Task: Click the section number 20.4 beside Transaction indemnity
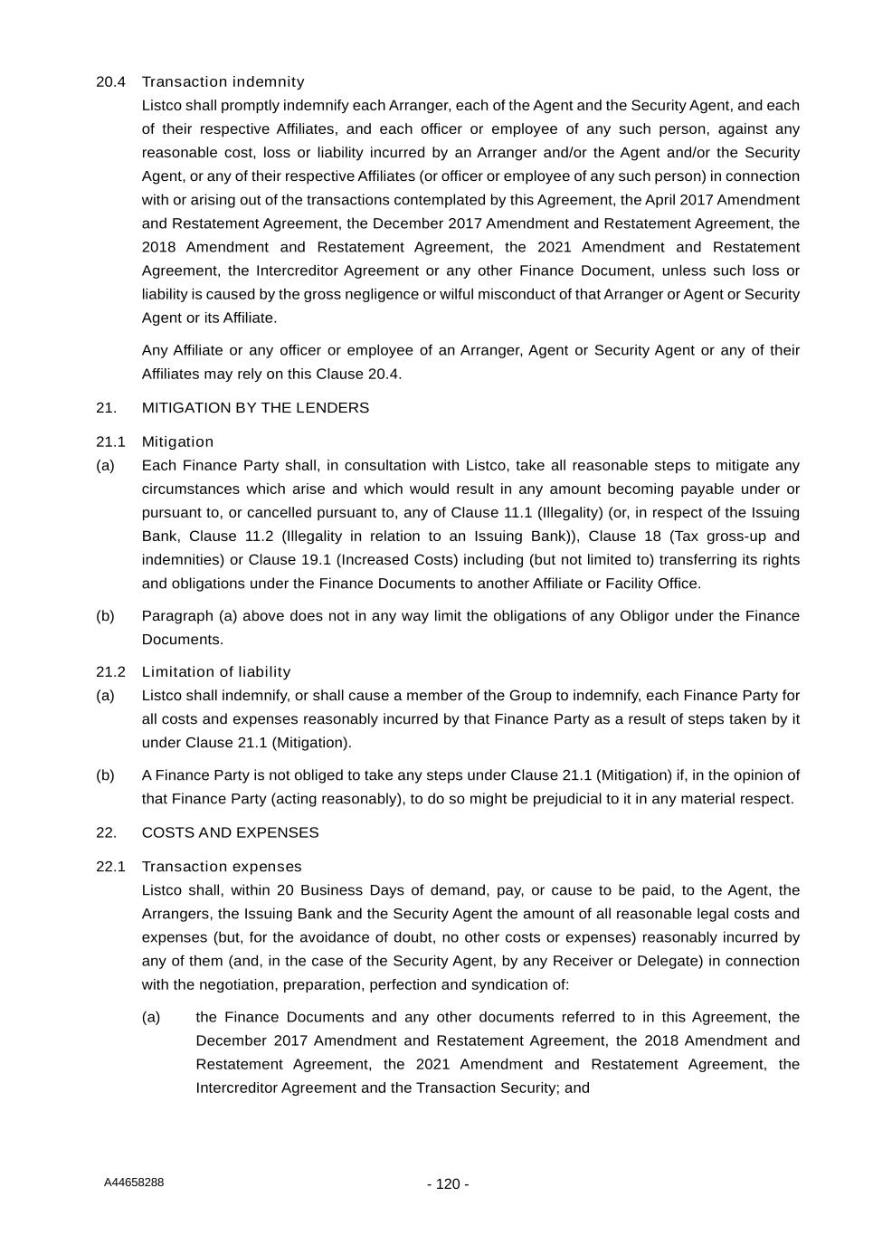[110, 82]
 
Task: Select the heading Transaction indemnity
[223, 82]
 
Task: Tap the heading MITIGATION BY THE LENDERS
[255, 408]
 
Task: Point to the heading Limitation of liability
[216, 672]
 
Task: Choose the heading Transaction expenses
[222, 867]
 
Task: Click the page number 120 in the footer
[448, 1184]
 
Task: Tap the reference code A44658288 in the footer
[134, 1183]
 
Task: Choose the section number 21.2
[110, 672]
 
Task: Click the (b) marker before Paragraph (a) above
[105, 616]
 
